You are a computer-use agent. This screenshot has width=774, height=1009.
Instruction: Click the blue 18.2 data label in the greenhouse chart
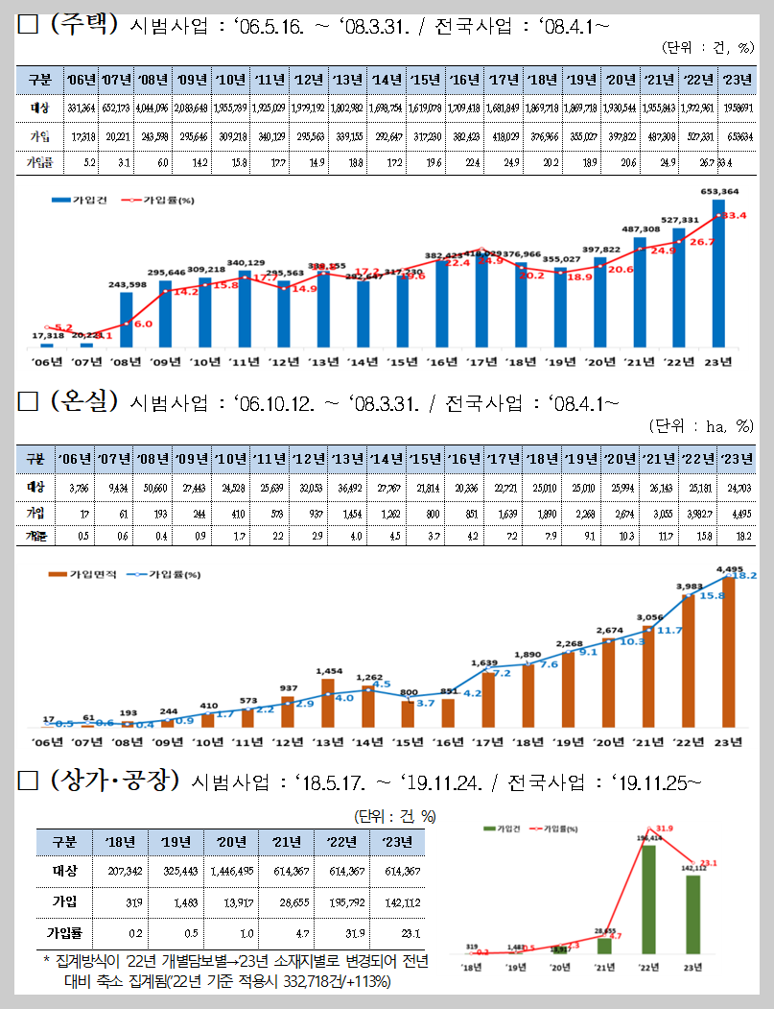pyautogui.click(x=745, y=576)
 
